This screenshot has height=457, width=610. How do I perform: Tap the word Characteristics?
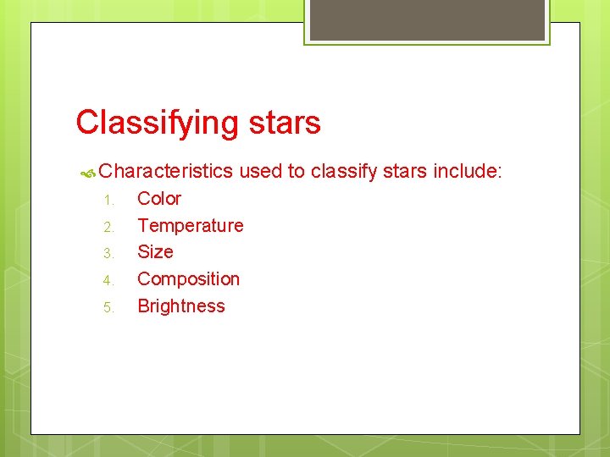point(165,172)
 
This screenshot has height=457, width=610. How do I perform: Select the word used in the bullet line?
point(260,172)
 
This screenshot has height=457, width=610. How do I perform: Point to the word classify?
point(343,172)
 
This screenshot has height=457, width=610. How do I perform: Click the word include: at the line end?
point(468,172)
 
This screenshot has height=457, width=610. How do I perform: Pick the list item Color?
point(159,199)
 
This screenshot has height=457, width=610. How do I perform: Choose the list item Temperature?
point(190,226)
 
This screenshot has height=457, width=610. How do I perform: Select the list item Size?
point(155,252)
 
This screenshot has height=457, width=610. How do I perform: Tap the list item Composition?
point(188,279)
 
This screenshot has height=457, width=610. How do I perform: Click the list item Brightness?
point(181,306)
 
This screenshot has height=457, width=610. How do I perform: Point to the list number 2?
point(108,227)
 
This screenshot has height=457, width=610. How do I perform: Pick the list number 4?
point(108,280)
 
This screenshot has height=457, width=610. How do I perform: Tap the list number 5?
point(108,307)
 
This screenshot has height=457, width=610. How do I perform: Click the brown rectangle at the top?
point(427,19)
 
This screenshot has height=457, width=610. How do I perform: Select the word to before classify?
point(296,172)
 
